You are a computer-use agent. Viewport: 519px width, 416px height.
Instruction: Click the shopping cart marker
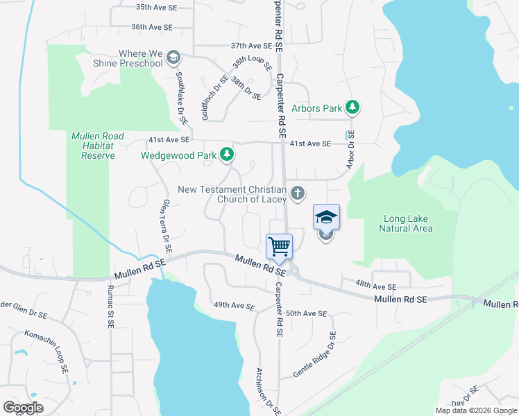(x=279, y=247)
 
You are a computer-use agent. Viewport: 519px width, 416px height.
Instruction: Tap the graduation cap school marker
(x=326, y=218)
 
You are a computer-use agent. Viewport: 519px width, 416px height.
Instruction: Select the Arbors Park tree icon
(x=353, y=107)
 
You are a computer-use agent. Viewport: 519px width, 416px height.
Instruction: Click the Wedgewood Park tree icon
(x=226, y=154)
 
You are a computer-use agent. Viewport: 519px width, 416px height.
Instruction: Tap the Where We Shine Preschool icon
(x=173, y=58)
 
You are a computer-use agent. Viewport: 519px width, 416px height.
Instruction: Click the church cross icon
(x=297, y=193)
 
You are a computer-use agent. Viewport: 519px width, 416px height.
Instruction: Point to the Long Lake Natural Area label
(x=408, y=224)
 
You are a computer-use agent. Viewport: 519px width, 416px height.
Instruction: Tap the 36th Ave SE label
(x=151, y=27)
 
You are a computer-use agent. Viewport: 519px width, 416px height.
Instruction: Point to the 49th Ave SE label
(x=235, y=306)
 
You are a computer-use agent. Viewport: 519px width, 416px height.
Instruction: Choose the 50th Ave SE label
(x=306, y=313)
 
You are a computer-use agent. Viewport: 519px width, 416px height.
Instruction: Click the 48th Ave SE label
(x=375, y=286)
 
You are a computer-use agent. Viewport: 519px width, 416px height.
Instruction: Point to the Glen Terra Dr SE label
(x=167, y=226)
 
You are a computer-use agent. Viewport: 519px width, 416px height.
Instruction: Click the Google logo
(x=24, y=408)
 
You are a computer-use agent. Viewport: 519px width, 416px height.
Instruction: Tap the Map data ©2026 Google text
(x=476, y=410)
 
